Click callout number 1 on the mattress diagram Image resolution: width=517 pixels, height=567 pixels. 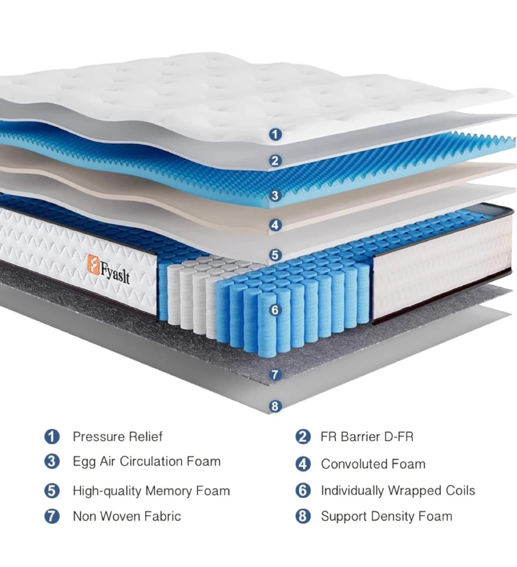(x=275, y=134)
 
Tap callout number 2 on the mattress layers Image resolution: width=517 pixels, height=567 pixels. (x=275, y=161)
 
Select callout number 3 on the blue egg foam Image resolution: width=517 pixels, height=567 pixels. (x=275, y=195)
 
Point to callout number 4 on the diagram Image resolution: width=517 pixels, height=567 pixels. (x=275, y=225)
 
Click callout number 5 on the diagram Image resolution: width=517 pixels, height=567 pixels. (x=275, y=255)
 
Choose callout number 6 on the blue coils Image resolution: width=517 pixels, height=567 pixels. (x=275, y=310)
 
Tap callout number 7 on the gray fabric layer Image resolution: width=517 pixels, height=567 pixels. (x=275, y=375)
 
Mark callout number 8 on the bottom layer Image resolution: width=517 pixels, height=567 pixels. (x=275, y=406)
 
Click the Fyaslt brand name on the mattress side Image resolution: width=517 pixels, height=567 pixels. (x=115, y=274)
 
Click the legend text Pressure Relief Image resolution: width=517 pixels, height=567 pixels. (x=118, y=437)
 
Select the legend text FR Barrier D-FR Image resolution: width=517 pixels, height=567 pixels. (x=367, y=437)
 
